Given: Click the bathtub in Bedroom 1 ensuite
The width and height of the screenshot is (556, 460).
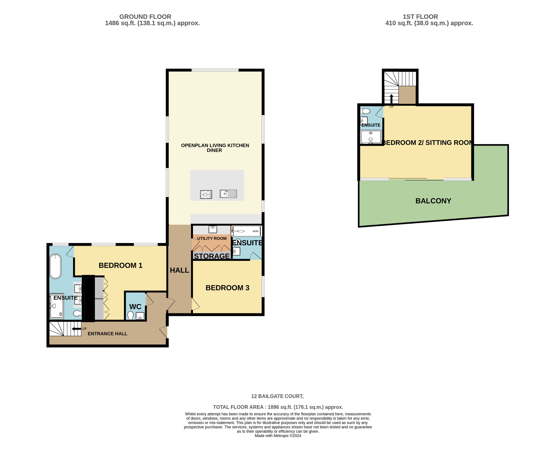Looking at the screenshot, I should pyautogui.click(x=56, y=266).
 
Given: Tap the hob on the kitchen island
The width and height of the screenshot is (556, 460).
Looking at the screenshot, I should pyautogui.click(x=206, y=195).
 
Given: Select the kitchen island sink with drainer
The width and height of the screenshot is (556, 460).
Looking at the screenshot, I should pyautogui.click(x=228, y=194).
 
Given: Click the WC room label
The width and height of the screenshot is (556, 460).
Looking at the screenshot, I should pyautogui.click(x=135, y=306).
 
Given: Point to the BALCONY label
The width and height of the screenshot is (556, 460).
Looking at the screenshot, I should pyautogui.click(x=433, y=201).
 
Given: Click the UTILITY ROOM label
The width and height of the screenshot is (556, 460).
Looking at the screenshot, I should pyautogui.click(x=212, y=238).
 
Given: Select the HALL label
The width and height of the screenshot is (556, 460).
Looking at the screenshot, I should pyautogui.click(x=179, y=270).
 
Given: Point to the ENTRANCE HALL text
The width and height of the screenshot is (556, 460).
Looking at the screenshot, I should pyautogui.click(x=108, y=334).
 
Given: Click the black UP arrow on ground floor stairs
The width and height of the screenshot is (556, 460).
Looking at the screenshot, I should pyautogui.click(x=77, y=329).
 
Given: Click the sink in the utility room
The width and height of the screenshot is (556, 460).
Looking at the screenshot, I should pyautogui.click(x=213, y=229).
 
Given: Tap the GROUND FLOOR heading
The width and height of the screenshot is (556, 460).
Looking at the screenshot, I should pyautogui.click(x=145, y=17).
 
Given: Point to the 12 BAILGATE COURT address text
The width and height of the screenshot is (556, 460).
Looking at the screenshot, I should pyautogui.click(x=277, y=396).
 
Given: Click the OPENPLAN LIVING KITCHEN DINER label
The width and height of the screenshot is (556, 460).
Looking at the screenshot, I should pyautogui.click(x=215, y=148).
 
